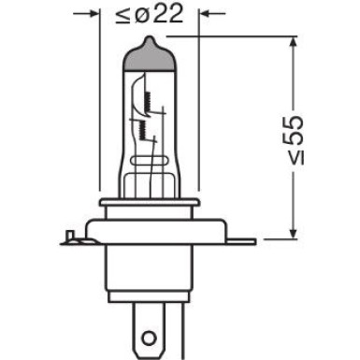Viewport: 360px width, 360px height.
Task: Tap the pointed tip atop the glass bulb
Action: [x=151, y=39]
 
